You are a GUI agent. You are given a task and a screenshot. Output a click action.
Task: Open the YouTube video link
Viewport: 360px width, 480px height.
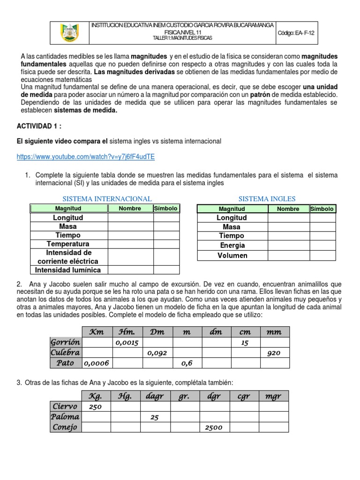pos(86,157)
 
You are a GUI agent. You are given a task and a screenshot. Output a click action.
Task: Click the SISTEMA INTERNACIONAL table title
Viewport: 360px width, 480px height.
pos(107,199)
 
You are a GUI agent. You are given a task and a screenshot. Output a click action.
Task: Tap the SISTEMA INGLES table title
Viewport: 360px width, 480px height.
pos(267,199)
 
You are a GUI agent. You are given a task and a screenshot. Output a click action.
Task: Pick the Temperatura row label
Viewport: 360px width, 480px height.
pos(68,244)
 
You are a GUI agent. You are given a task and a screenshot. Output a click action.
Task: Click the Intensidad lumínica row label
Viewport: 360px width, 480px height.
pos(68,270)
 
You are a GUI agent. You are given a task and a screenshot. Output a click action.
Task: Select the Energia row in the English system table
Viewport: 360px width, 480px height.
pos(232,245)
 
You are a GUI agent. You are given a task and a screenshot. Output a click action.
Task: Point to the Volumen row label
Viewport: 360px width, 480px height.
pos(232,255)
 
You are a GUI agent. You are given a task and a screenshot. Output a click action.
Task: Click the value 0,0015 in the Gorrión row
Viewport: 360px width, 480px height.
pos(127,343)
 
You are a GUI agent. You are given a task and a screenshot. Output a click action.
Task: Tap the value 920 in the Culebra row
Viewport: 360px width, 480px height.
pos(274,353)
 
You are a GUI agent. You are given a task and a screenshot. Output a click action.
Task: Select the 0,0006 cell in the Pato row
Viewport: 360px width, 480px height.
pos(96,363)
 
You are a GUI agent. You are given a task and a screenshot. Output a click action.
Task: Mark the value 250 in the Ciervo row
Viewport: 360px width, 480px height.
pos(95,407)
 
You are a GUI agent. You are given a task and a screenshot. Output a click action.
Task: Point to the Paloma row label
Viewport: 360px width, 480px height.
pos(65,417)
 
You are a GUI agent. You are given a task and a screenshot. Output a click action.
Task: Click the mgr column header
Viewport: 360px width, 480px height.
pos(273,397)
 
